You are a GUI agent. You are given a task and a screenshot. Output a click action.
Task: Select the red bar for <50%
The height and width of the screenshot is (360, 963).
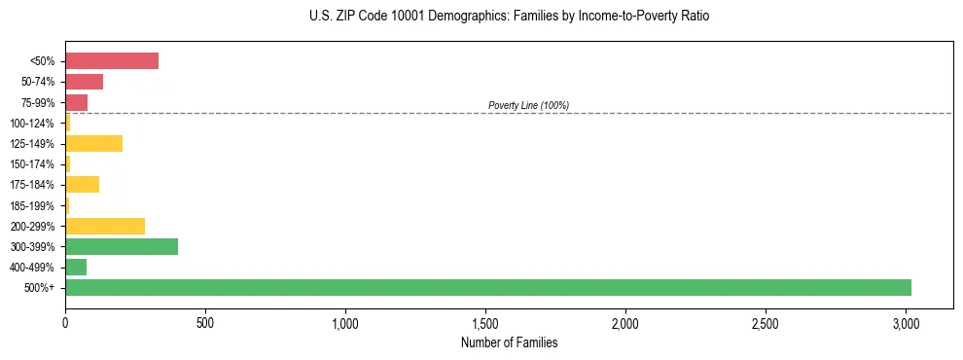coord(112,61)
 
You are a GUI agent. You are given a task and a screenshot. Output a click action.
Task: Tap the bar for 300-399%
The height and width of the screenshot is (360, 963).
coord(122,246)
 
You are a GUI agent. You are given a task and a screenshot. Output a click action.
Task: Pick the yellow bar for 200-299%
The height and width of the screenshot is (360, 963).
coord(105,226)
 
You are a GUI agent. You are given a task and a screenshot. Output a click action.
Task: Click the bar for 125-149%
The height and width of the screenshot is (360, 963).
coord(94,144)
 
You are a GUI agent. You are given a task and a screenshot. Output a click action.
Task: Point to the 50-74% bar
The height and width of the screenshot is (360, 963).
coord(85,82)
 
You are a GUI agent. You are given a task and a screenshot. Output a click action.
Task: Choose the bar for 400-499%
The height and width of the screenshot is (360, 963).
coord(76,267)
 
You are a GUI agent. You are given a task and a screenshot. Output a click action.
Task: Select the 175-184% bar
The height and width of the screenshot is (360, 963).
coord(83,185)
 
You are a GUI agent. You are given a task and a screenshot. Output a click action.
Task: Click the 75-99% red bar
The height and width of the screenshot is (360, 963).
coord(77,102)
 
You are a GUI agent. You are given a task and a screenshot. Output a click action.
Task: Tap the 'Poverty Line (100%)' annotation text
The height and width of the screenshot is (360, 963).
coord(528,105)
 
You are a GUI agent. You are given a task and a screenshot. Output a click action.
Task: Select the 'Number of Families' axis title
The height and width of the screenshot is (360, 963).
coord(510,342)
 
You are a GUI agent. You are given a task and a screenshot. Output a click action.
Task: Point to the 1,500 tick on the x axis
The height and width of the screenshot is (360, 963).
coord(485,322)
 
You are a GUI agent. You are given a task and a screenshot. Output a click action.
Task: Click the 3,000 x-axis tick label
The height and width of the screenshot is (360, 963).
coord(906,322)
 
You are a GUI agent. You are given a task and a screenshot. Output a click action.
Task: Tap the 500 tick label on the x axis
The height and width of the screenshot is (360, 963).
coord(205,322)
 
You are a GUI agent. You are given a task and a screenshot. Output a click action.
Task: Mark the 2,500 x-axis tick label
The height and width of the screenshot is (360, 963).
coord(766,322)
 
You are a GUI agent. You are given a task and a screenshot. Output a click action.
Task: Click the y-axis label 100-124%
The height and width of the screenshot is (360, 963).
coord(32,124)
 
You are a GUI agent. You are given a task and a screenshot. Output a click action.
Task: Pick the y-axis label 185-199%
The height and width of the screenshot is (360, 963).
coord(32,205)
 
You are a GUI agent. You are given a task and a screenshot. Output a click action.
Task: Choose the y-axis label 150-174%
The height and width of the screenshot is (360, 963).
coord(32,164)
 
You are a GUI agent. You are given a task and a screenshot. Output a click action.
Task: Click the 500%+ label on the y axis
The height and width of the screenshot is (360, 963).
coord(40,288)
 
